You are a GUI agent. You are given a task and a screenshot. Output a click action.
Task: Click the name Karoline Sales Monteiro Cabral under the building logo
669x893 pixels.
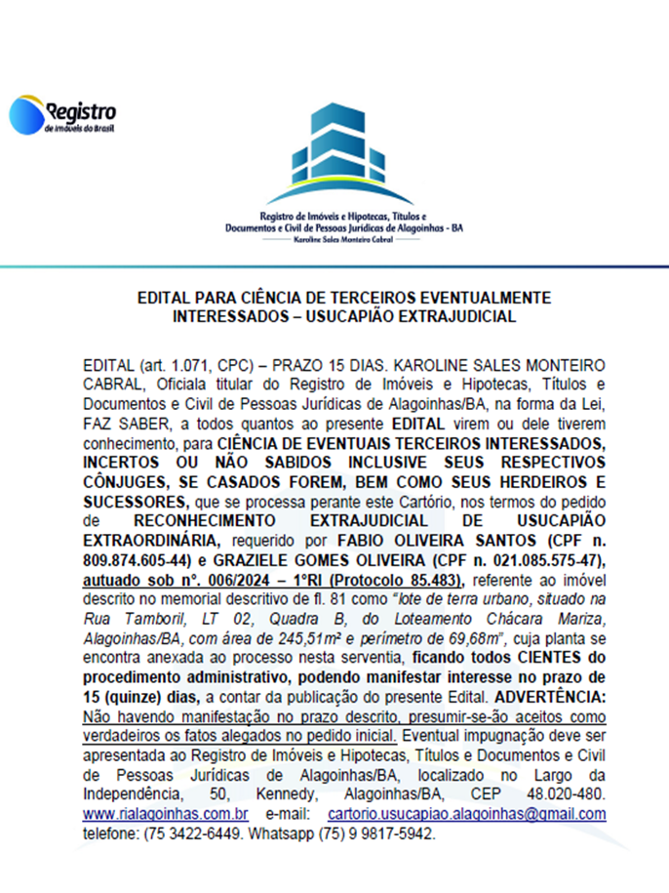335,237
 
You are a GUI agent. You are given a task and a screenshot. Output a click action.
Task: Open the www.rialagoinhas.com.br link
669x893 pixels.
166,814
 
